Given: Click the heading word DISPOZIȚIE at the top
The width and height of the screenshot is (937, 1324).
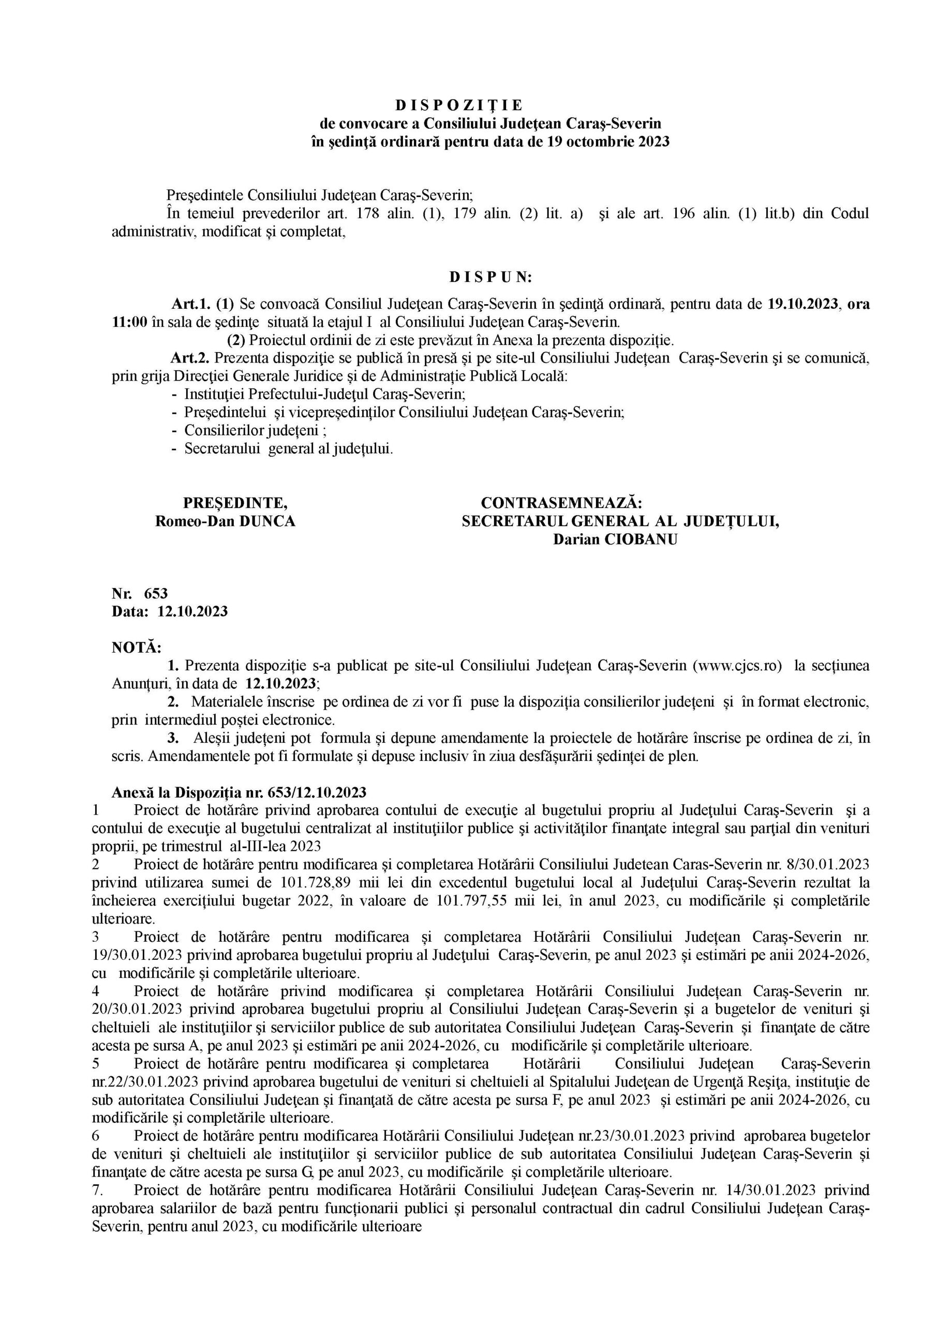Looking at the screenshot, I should [459, 106].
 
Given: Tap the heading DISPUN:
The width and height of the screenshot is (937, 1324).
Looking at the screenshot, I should [490, 277].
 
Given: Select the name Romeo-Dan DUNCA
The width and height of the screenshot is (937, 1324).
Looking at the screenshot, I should [225, 521].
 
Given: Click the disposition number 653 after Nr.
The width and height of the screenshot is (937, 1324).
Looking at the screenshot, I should [156, 593].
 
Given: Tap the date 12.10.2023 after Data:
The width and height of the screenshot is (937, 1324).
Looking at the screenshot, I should [192, 611].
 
